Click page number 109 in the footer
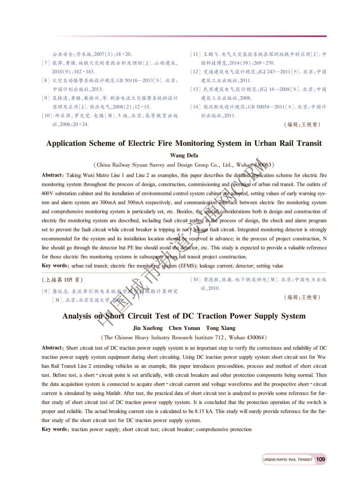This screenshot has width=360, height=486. (x=321, y=459)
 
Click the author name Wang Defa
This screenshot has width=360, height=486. (x=184, y=156)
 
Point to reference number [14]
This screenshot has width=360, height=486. (x=195, y=107)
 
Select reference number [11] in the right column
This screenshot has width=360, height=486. (x=195, y=54)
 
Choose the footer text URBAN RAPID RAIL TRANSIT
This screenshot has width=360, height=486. (x=287, y=459)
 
